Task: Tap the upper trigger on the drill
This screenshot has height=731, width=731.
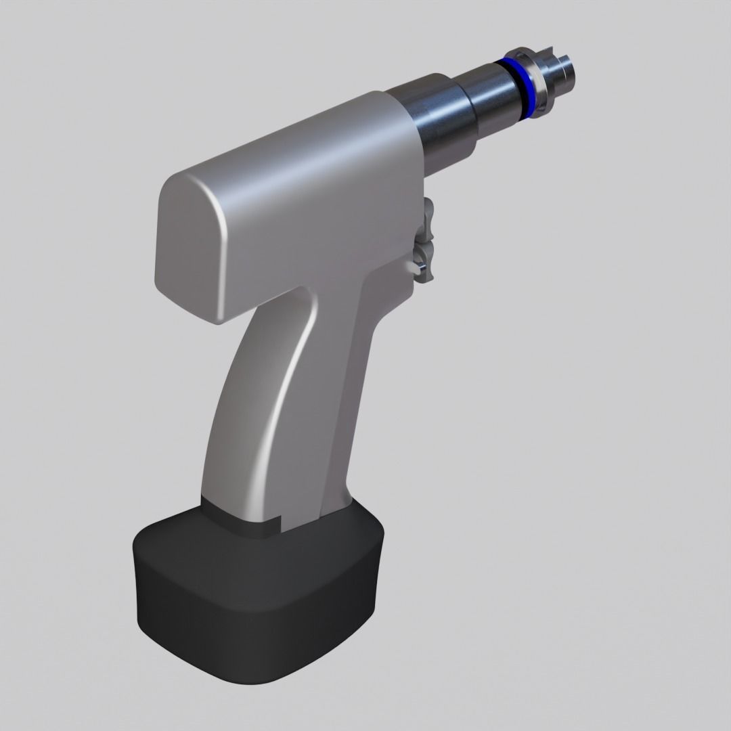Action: click(x=428, y=217)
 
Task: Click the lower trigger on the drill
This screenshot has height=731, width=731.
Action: click(x=426, y=260)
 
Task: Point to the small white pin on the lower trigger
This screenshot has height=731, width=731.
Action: click(x=411, y=268)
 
